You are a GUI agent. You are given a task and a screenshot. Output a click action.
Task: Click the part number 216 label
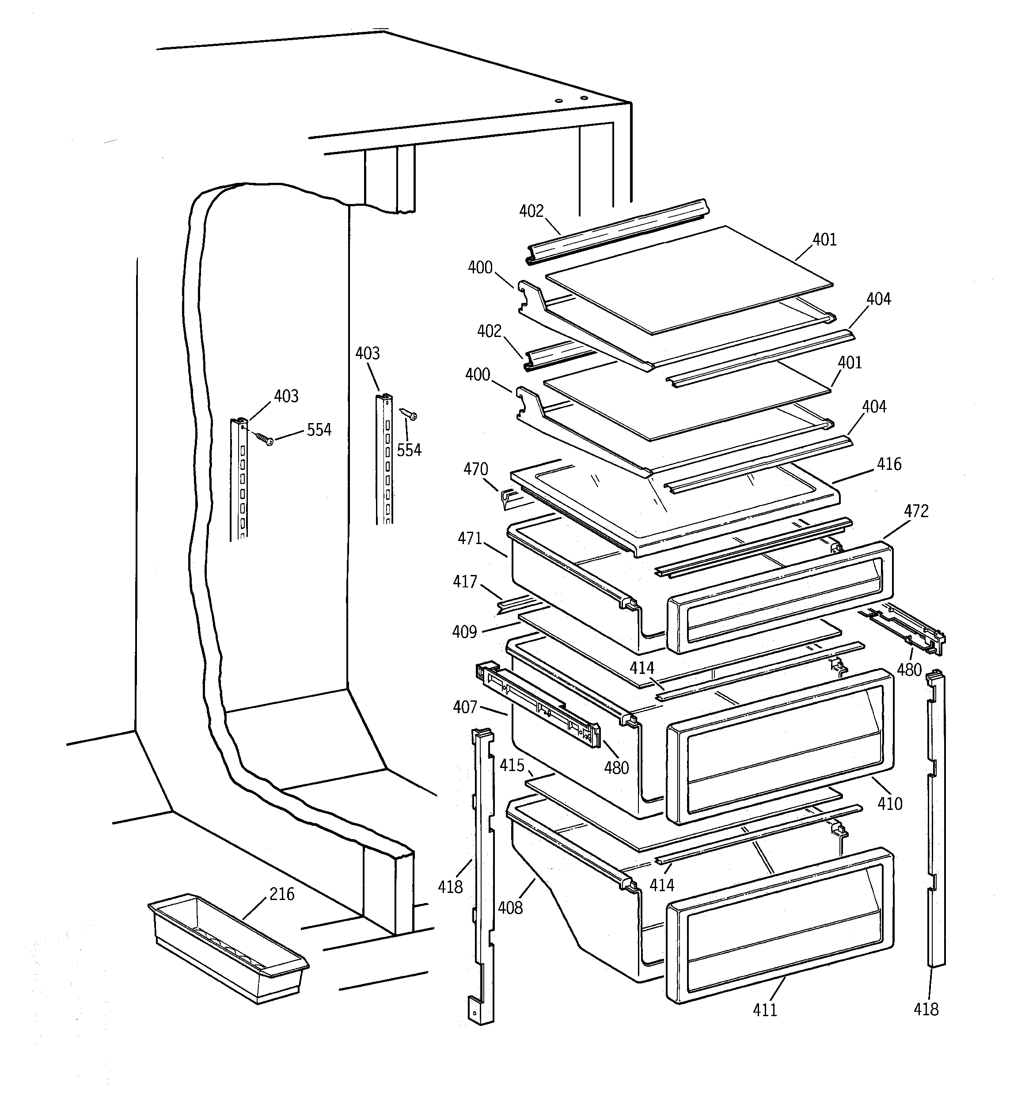pyautogui.click(x=282, y=894)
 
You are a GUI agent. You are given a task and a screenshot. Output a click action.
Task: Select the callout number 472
pyautogui.click(x=916, y=511)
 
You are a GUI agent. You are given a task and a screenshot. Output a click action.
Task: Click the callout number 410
pyautogui.click(x=890, y=804)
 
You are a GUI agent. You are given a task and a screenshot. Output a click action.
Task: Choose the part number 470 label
pyautogui.click(x=475, y=469)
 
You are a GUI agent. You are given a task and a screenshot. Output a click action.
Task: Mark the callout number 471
pyautogui.click(x=470, y=538)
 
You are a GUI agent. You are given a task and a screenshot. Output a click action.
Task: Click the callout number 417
pyautogui.click(x=465, y=581)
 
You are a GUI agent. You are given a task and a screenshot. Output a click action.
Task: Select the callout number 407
pyautogui.click(x=465, y=707)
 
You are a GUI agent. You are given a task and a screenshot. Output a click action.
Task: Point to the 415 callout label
pyautogui.click(x=512, y=765)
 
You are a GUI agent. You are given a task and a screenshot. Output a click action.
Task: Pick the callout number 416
pyautogui.click(x=889, y=464)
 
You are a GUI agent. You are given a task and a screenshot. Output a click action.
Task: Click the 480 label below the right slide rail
pyautogui.click(x=909, y=669)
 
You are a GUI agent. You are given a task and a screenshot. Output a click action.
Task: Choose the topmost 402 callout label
pyautogui.click(x=531, y=211)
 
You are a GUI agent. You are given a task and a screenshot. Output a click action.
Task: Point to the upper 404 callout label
pyautogui.click(x=879, y=299)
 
